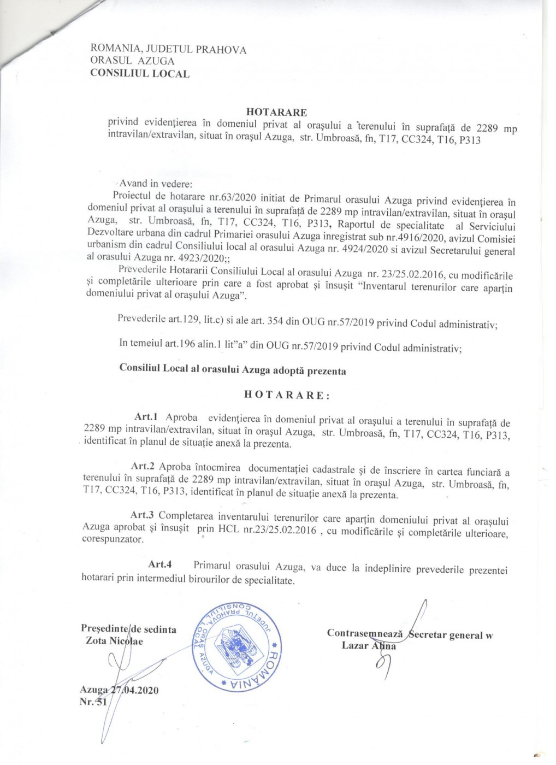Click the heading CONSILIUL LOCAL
coord(140,74)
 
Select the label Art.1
coord(146,417)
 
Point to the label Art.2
coord(143,466)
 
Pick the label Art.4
coord(160,564)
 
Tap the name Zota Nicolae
coord(115,641)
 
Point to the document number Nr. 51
coord(93,702)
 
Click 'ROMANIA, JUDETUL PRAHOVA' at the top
coord(168,50)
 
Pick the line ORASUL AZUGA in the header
coord(133,61)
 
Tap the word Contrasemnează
coord(365,633)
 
